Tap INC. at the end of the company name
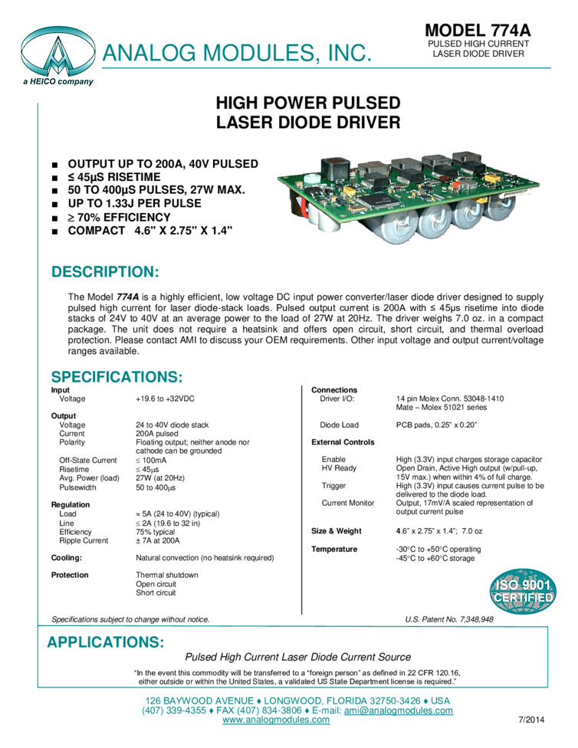tap(348, 54)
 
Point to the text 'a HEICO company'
tap(58, 81)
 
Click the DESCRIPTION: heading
tap(105, 272)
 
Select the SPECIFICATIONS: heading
tap(117, 378)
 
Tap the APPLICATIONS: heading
tap(106, 642)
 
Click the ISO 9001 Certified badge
tap(523, 591)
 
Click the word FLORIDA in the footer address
tap(355, 700)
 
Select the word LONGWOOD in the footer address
tap(291, 700)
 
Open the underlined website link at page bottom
tap(276, 720)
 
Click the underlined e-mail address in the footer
tap(399, 710)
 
